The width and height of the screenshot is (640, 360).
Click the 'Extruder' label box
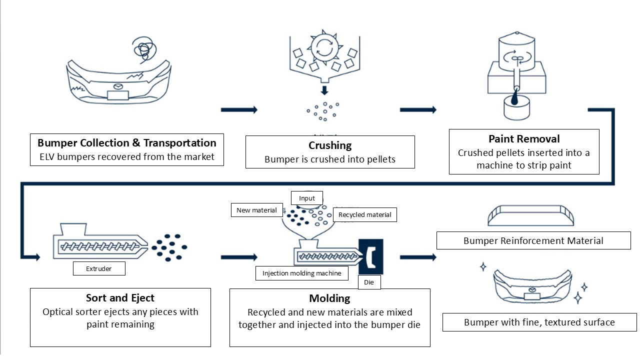tap(99, 269)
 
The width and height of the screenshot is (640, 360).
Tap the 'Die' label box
tap(369, 282)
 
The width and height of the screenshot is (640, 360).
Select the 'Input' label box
tap(307, 198)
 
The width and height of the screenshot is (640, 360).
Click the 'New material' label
tap(256, 210)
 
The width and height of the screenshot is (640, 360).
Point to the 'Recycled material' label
tap(365, 215)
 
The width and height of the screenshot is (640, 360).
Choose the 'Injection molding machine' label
tap(301, 273)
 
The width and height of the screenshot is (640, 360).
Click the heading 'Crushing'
tap(330, 145)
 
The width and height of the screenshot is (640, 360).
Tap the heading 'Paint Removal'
tap(524, 138)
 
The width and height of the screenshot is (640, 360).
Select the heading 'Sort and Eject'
tap(120, 298)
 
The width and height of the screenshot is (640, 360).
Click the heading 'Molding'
tap(329, 298)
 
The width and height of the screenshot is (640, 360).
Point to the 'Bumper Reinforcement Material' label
tap(533, 240)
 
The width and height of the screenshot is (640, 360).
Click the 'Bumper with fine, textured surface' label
tap(539, 322)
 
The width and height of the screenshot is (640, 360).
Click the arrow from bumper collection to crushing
tap(239, 110)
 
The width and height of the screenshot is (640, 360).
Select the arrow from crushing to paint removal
tap(418, 110)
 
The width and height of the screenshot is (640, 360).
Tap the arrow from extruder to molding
tap(239, 257)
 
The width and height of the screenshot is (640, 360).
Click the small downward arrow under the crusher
tap(324, 90)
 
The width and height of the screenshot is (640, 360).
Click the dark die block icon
tap(371, 256)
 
